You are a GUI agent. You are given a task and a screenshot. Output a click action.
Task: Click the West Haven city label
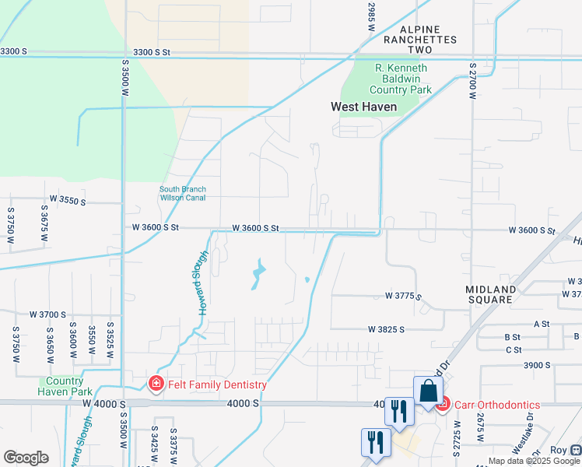tap(363, 107)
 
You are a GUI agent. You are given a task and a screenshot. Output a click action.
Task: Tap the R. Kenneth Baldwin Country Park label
tap(403, 79)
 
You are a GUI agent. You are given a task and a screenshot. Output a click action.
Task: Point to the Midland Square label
tap(490, 294)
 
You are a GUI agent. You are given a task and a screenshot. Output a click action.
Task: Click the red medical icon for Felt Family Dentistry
tap(156, 384)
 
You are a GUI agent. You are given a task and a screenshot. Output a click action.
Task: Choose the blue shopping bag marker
tap(428, 391)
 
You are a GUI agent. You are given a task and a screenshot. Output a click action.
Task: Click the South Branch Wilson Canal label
tap(182, 193)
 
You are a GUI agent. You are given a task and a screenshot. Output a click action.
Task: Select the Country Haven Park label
tap(65, 386)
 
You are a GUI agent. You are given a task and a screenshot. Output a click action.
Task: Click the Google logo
tap(26, 458)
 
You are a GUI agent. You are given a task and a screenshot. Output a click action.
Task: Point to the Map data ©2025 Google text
tap(535, 461)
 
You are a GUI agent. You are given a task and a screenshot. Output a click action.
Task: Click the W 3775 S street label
tap(403, 297)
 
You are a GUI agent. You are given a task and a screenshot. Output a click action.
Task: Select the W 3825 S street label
tap(387, 329)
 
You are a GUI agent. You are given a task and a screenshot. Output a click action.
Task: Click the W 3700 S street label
tap(48, 314)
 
